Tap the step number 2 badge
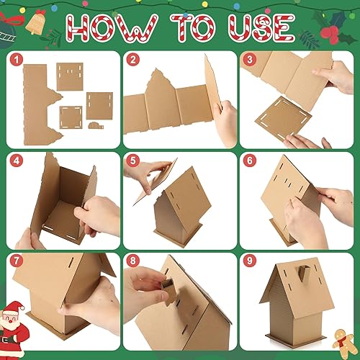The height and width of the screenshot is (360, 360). [132, 60]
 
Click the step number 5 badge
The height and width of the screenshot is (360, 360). [132, 161]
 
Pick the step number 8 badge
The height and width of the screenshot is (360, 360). [132, 261]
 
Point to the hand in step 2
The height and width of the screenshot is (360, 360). [225, 116]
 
